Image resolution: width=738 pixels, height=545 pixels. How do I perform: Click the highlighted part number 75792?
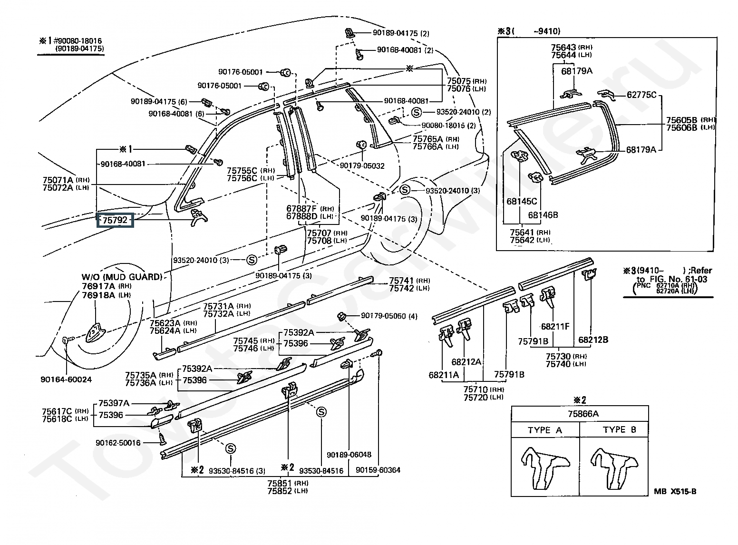tap(115, 220)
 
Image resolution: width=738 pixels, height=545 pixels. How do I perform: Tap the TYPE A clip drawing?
tap(545, 468)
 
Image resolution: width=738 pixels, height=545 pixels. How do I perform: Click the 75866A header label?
tap(583, 414)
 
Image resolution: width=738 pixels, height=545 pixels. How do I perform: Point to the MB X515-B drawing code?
tap(675, 491)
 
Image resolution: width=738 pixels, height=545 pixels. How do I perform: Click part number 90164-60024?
tap(66, 380)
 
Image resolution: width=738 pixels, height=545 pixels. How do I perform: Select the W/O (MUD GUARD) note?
tap(122, 277)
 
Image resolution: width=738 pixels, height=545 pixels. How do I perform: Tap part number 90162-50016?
tap(118, 443)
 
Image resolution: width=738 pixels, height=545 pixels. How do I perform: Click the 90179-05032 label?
tap(362, 166)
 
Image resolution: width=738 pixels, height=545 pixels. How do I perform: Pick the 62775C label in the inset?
tap(641, 95)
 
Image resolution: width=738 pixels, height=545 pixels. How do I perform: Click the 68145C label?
tap(521, 201)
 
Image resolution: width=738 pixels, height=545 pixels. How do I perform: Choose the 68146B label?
tap(543, 215)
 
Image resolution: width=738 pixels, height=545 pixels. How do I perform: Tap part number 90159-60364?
tap(378, 470)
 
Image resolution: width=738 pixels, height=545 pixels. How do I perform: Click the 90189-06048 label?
tap(349, 455)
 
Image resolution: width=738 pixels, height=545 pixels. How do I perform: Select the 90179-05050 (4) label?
tap(389, 316)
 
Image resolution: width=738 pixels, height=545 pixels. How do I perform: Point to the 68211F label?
tap(555, 327)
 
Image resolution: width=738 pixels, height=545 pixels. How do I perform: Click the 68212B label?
tap(593, 340)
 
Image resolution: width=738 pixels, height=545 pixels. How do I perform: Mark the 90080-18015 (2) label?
tap(448, 126)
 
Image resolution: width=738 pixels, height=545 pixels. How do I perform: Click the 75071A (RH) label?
tap(66, 180)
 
